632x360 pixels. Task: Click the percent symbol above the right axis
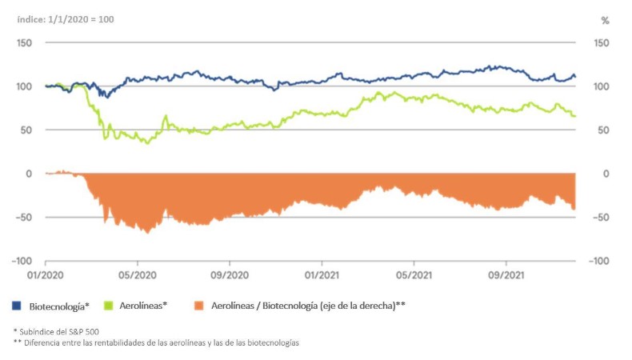605,19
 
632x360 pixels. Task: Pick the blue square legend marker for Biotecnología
17,306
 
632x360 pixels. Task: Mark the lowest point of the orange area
147,233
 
